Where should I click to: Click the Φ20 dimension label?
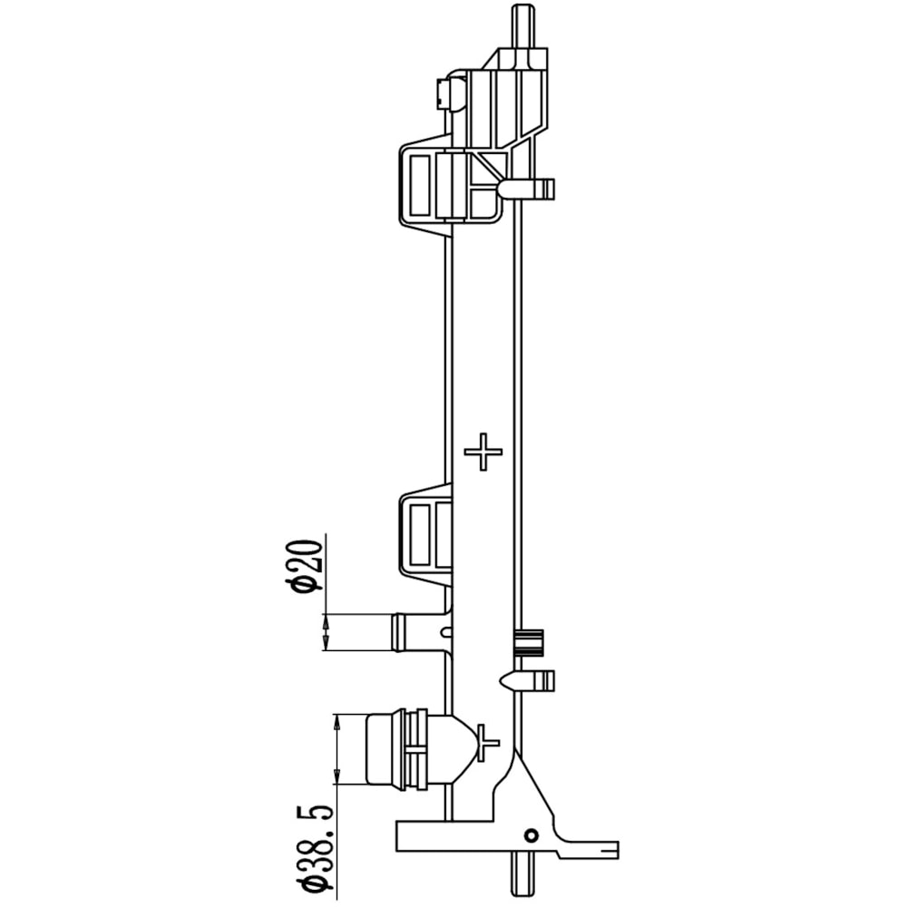[306, 566]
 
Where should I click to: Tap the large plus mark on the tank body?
[483, 451]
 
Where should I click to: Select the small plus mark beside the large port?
[487, 743]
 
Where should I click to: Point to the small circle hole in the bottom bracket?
[531, 835]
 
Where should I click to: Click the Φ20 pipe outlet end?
[398, 632]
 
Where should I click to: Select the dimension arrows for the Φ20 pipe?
[326, 632]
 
